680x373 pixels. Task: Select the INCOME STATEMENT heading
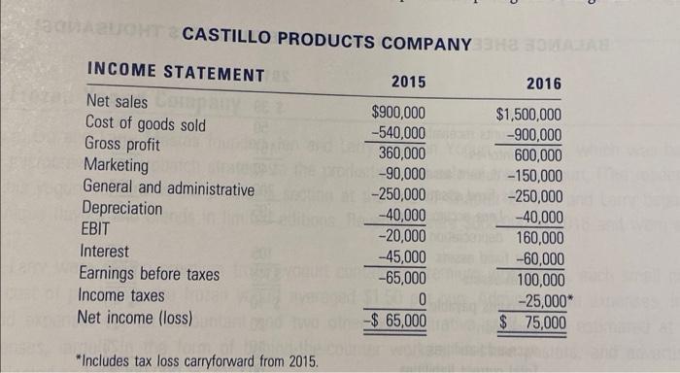(176, 73)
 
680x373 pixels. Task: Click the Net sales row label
(119, 102)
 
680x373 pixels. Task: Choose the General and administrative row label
(169, 186)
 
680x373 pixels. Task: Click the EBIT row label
(98, 230)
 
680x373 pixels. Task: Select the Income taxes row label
(121, 294)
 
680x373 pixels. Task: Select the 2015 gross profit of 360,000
(401, 153)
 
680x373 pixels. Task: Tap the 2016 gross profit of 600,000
(539, 156)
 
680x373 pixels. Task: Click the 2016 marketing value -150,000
(534, 176)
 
